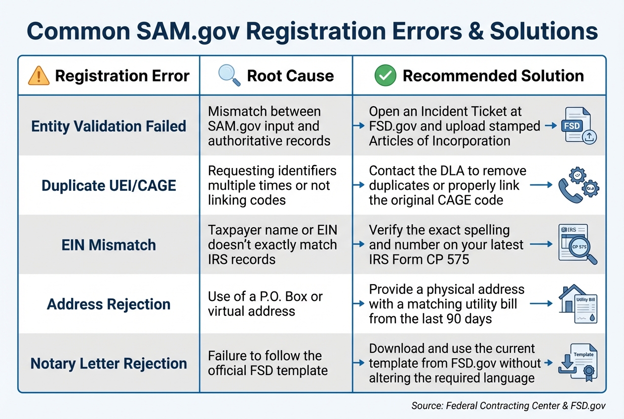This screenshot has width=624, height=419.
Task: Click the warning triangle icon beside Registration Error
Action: click(39, 76)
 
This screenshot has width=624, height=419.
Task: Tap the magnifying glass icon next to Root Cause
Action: click(229, 76)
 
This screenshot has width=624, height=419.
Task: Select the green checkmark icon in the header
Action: click(385, 76)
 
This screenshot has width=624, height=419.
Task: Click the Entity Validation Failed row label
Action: click(109, 126)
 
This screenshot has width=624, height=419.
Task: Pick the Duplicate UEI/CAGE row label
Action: click(109, 185)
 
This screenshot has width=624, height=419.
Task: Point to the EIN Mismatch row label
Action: click(109, 245)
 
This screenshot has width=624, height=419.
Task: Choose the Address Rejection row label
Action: click(109, 304)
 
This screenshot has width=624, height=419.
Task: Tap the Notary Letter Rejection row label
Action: click(109, 364)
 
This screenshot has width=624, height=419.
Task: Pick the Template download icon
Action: click(578, 364)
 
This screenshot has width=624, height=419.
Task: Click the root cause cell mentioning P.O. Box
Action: click(265, 304)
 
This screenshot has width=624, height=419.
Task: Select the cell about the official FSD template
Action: click(268, 363)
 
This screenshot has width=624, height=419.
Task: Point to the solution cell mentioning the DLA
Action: click(447, 185)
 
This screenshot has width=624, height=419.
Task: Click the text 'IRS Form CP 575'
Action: click(419, 259)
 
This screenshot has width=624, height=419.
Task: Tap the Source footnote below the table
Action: click(508, 406)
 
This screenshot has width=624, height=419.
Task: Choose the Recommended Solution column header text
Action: click(493, 76)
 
